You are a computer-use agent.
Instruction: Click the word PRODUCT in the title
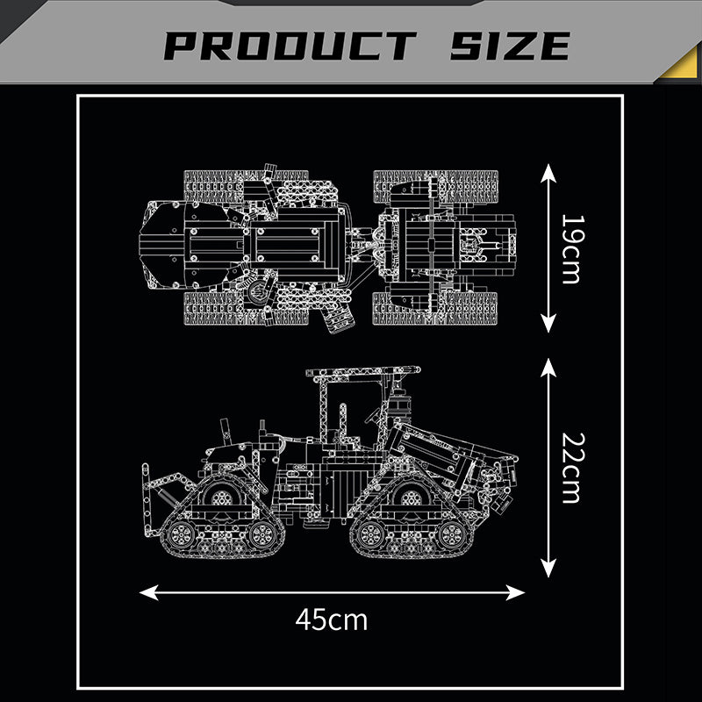pos(290,46)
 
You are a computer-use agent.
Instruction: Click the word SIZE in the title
pos(510,46)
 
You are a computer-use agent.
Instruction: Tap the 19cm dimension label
pos(573,249)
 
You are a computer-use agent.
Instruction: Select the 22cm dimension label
pos(573,468)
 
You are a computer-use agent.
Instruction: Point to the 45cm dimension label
pos(332,620)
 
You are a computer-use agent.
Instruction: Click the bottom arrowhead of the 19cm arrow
pos(548,323)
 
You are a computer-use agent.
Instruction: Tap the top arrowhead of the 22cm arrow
pos(548,368)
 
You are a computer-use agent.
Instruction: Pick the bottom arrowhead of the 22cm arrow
pos(548,568)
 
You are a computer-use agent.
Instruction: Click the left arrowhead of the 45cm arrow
pos(148,592)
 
